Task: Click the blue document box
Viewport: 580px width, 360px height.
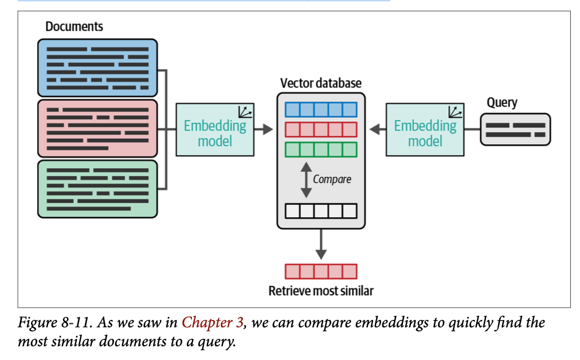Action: click(x=97, y=68)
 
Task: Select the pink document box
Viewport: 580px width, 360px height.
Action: click(x=97, y=128)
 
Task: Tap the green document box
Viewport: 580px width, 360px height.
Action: click(x=97, y=189)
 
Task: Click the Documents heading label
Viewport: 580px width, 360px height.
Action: click(x=74, y=26)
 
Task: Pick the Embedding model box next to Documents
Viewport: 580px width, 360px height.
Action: click(x=215, y=130)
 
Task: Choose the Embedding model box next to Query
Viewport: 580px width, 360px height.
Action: click(x=425, y=130)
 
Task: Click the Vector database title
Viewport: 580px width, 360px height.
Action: click(x=320, y=83)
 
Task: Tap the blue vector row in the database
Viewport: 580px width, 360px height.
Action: click(x=320, y=109)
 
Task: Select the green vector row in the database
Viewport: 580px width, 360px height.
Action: click(x=320, y=149)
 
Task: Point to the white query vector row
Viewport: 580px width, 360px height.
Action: click(x=320, y=210)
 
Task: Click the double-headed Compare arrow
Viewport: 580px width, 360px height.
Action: click(x=306, y=179)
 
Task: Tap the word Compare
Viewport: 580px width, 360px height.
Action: click(x=332, y=179)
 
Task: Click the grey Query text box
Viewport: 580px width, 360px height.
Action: click(x=515, y=130)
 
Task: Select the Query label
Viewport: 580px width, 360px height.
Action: click(x=501, y=103)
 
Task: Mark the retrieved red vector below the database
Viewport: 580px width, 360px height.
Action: click(x=320, y=271)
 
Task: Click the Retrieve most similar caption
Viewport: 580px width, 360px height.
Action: click(x=320, y=291)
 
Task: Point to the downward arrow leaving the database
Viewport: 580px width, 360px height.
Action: click(x=321, y=244)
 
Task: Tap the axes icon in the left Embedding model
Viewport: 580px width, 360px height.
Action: click(x=245, y=112)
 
